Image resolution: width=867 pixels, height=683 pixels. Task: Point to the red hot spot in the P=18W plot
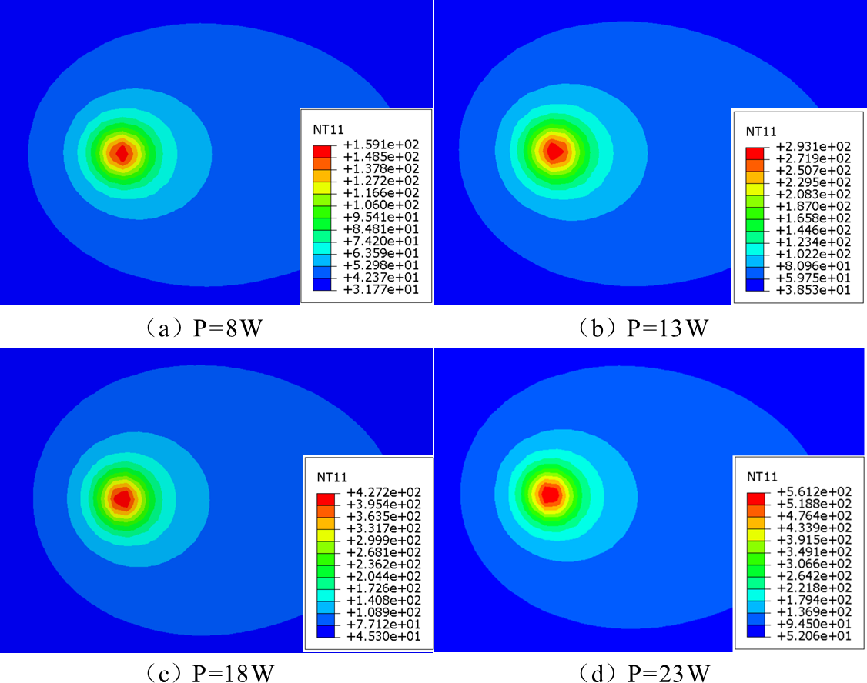(x=122, y=498)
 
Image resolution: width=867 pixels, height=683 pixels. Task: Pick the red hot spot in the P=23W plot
(x=549, y=494)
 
